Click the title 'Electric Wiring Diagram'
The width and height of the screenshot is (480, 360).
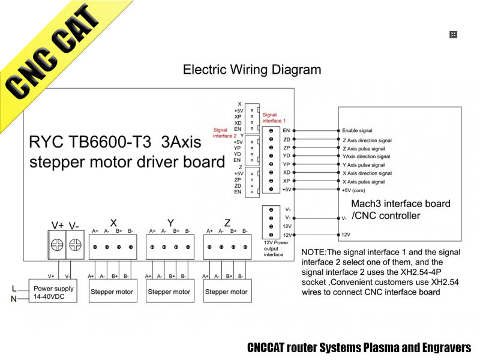tap(251, 70)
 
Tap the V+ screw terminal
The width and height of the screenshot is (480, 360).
tap(58, 245)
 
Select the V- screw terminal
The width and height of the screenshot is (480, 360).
tap(75, 245)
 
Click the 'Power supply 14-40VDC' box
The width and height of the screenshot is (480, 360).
tap(54, 292)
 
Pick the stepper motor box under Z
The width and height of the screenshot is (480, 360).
tap(226, 292)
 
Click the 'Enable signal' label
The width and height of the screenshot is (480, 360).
tap(357, 130)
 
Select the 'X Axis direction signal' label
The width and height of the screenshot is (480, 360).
tap(367, 173)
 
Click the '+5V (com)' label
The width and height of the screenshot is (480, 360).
tap(354, 190)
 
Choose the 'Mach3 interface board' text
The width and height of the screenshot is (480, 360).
tap(401, 203)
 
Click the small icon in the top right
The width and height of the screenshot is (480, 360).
tap(454, 35)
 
